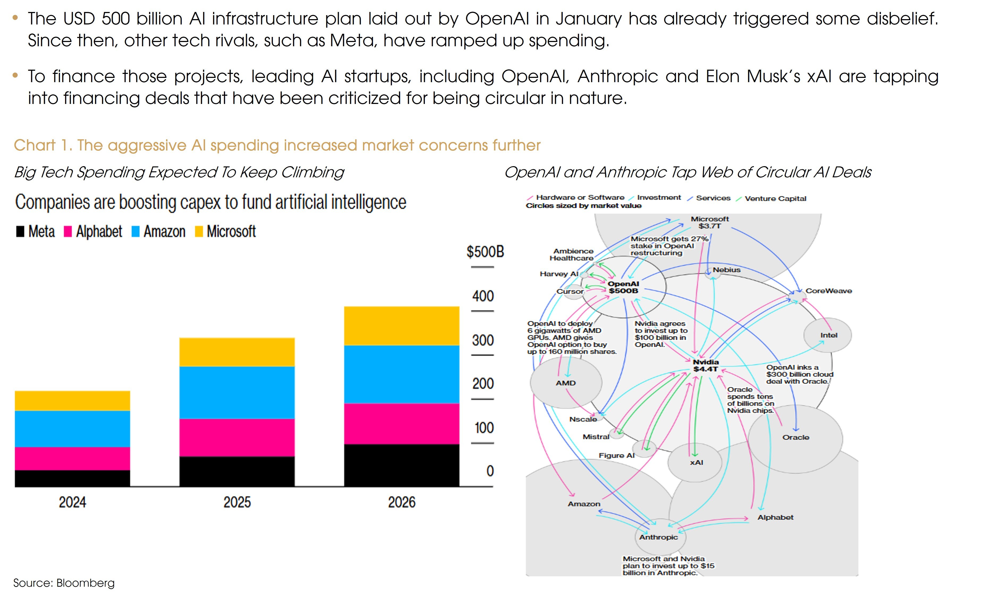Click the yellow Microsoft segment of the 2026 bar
tap(401, 326)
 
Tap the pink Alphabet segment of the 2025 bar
tap(237, 438)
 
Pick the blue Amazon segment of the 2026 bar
tap(401, 374)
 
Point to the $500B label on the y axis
tap(485, 252)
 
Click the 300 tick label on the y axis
tap(483, 340)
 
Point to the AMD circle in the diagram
tap(565, 383)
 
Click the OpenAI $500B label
tap(623, 287)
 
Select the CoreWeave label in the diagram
tap(828, 291)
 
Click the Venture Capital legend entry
tap(775, 199)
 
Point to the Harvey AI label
tap(558, 274)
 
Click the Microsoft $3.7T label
tap(709, 223)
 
